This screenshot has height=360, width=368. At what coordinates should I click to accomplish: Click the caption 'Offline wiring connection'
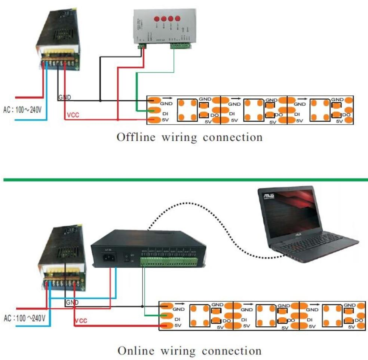point(190,137)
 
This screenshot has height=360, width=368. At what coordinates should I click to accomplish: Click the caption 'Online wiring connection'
point(190,351)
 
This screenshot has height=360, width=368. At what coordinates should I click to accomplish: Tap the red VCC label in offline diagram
point(73,115)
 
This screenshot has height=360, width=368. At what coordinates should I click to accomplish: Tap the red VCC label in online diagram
point(81,321)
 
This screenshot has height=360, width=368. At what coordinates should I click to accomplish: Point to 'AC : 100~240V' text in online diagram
point(25,318)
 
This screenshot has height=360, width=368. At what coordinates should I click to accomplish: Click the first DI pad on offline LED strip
point(153,110)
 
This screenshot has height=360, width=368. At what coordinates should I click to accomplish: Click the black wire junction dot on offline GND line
point(100,100)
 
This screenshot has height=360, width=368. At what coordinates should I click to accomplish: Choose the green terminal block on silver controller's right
point(181,46)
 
